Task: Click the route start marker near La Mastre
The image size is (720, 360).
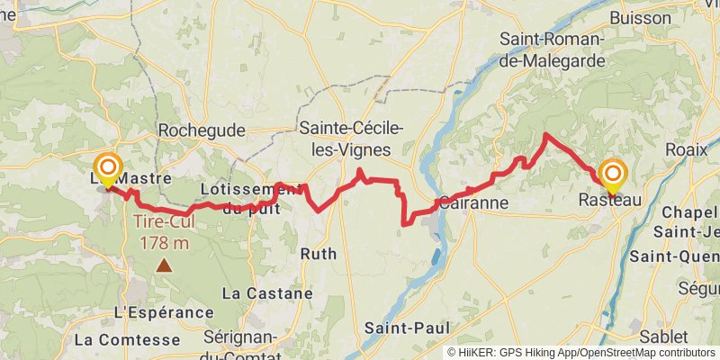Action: click(x=108, y=168)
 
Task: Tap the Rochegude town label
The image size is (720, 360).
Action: click(x=202, y=131)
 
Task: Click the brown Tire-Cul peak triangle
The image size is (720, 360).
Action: click(x=164, y=265)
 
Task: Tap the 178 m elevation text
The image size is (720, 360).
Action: click(x=164, y=242)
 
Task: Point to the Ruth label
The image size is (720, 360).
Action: click(x=319, y=254)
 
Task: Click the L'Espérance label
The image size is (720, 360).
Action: click(x=164, y=312)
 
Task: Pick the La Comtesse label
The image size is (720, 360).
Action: click(x=127, y=340)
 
